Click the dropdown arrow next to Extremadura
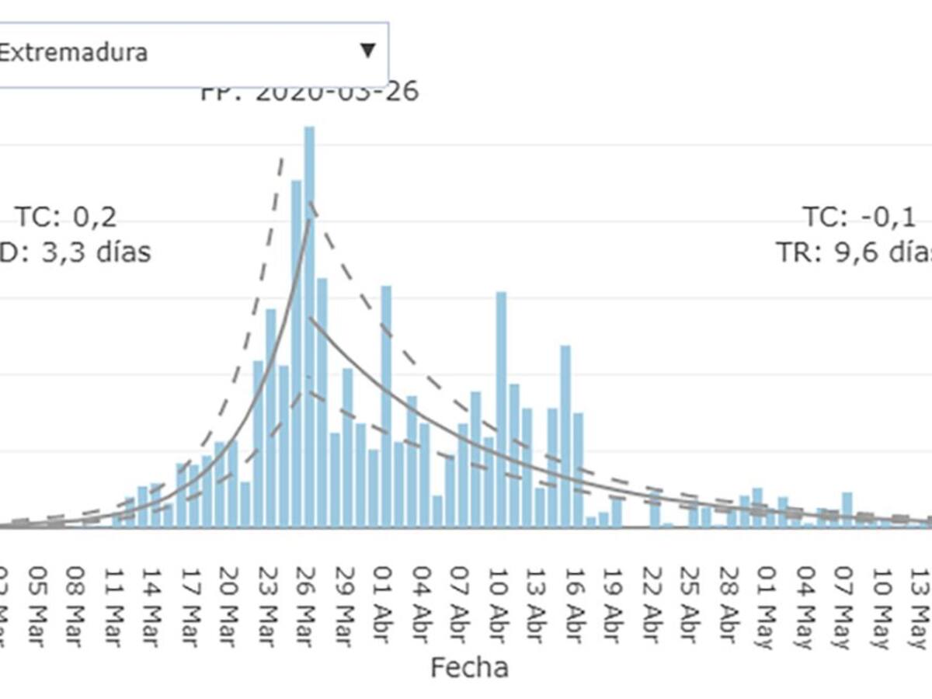pyautogui.click(x=367, y=51)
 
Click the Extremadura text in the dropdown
pyautogui.click(x=73, y=53)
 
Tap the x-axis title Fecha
pyautogui.click(x=469, y=667)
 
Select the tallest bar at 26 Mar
pyautogui.click(x=309, y=326)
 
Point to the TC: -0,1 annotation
pyautogui.click(x=859, y=217)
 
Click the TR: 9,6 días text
pyautogui.click(x=854, y=252)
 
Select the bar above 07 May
pyautogui.click(x=847, y=509)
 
